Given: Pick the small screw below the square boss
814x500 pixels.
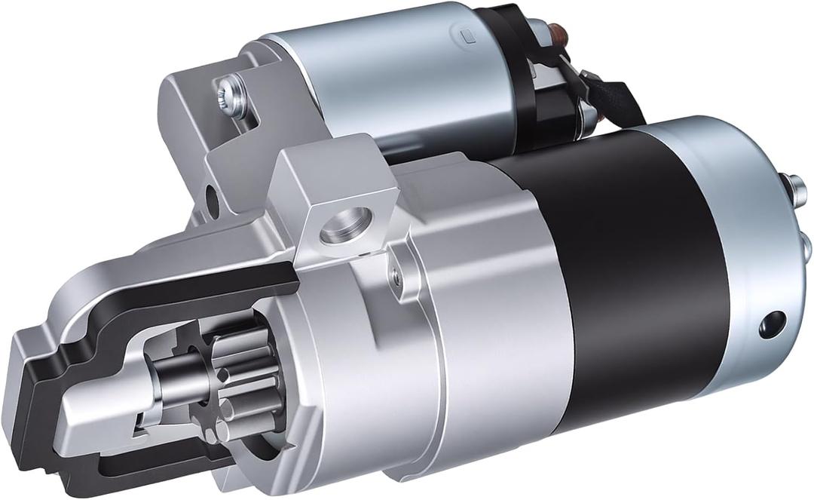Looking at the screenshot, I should tap(393, 278).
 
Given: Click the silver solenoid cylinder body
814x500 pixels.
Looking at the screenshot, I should tap(392, 75).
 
